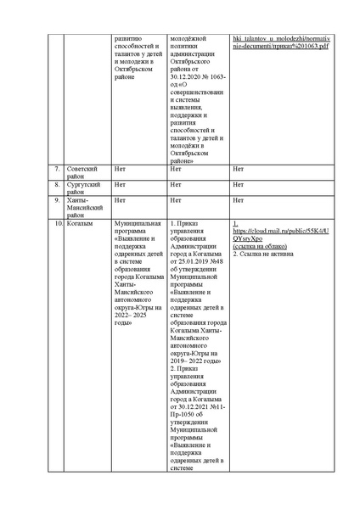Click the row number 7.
56,168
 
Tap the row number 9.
56,200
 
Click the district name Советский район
85,172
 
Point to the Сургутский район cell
85,187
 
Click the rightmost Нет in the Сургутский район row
238,184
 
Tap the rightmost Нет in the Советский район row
238,168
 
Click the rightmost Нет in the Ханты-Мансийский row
238,200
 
